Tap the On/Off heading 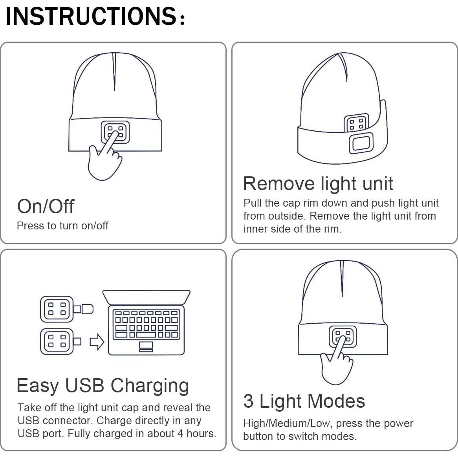(46, 206)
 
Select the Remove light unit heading (318, 183)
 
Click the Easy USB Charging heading (103, 385)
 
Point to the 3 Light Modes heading (304, 401)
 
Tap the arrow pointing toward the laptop (97, 342)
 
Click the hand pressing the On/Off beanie (104, 161)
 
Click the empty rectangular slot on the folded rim (361, 143)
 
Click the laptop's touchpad (146, 346)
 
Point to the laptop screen (146, 297)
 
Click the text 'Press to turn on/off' (62, 225)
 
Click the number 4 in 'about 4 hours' (180, 434)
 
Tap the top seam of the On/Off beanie (115, 71)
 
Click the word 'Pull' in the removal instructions (252, 203)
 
